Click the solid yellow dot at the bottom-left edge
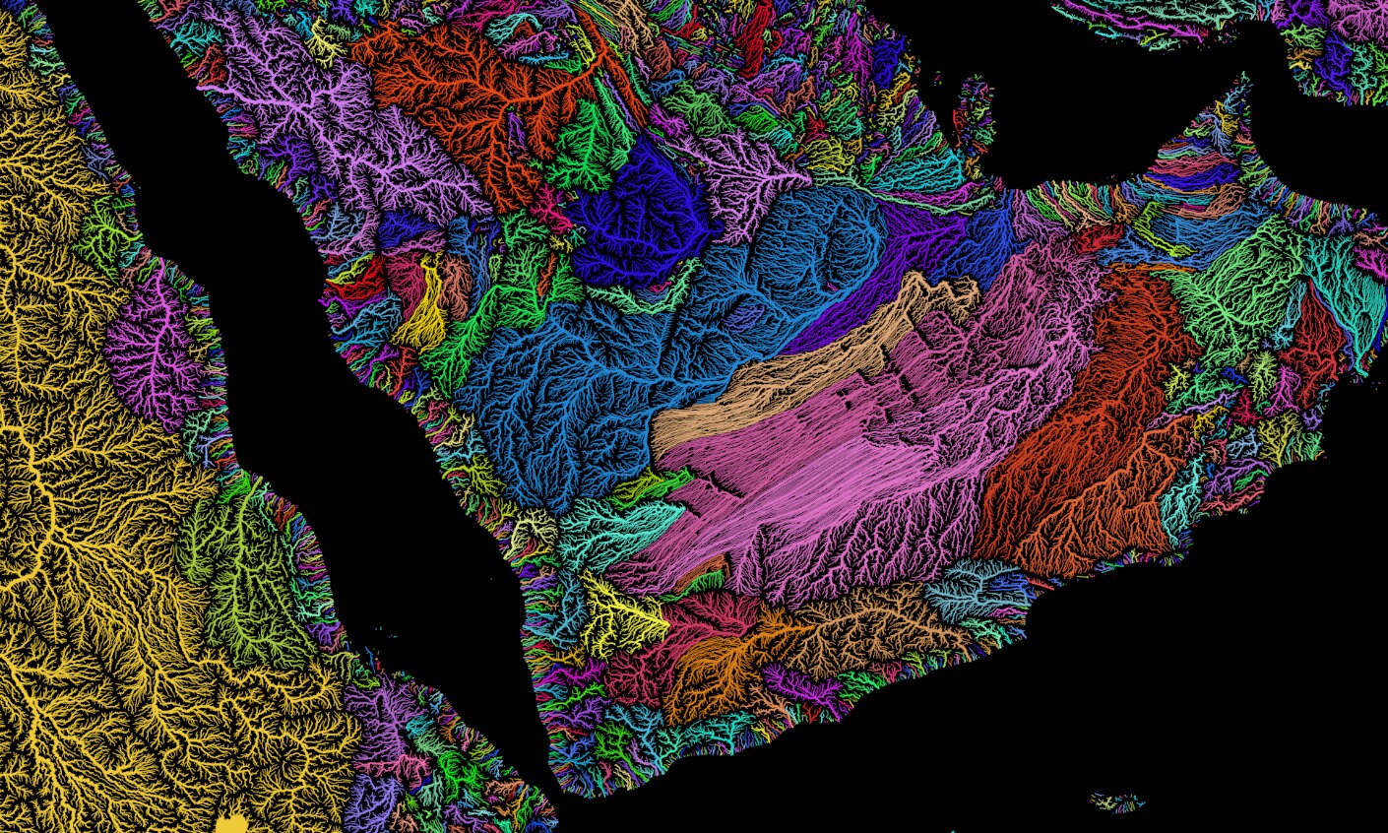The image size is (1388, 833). point(232,824)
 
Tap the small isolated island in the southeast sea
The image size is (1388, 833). point(1117,801)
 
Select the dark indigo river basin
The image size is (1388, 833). point(640,212)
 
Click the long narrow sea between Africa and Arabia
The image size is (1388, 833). point(325,394)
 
